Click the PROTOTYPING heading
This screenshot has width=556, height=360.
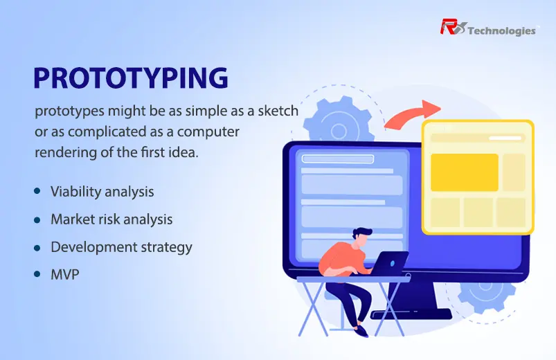(x=130, y=78)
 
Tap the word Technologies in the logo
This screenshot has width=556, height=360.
(x=502, y=31)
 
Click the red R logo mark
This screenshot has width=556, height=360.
(x=452, y=27)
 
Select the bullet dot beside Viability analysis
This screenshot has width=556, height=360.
(x=37, y=191)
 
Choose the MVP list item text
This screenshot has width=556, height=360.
(x=65, y=275)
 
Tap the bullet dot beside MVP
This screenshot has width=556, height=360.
(x=37, y=274)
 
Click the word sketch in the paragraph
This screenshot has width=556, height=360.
(x=278, y=111)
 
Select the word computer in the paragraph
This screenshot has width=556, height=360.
(x=208, y=132)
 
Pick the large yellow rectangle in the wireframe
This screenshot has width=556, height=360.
(x=465, y=172)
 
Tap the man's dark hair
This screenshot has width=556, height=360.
(x=361, y=233)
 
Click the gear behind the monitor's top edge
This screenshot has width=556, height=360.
(x=339, y=120)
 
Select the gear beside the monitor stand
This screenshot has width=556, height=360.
(x=487, y=296)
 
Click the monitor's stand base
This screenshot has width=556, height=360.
(x=411, y=314)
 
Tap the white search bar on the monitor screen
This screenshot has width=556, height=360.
(x=338, y=159)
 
